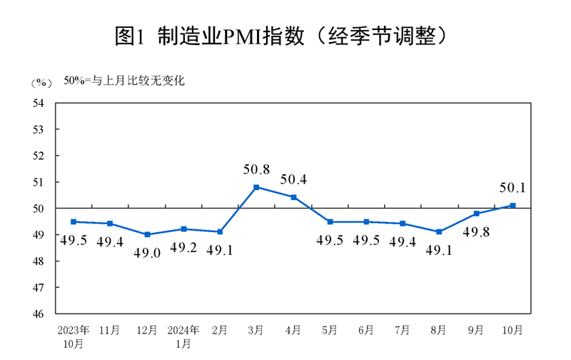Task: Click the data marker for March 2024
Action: [256, 187]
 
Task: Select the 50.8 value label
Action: [256, 170]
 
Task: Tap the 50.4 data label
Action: [293, 180]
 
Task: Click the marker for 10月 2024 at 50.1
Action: [512, 206]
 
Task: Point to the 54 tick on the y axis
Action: [39, 103]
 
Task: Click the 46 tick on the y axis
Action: [39, 314]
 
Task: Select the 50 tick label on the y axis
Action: [39, 209]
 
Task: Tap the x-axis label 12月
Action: [146, 330]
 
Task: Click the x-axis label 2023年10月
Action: [74, 336]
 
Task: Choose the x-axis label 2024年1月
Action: [183, 336]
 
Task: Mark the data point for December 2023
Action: [146, 234]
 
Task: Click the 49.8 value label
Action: [477, 231]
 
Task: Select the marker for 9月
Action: [476, 214]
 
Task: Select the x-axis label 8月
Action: [439, 330]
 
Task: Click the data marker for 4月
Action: [293, 197]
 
